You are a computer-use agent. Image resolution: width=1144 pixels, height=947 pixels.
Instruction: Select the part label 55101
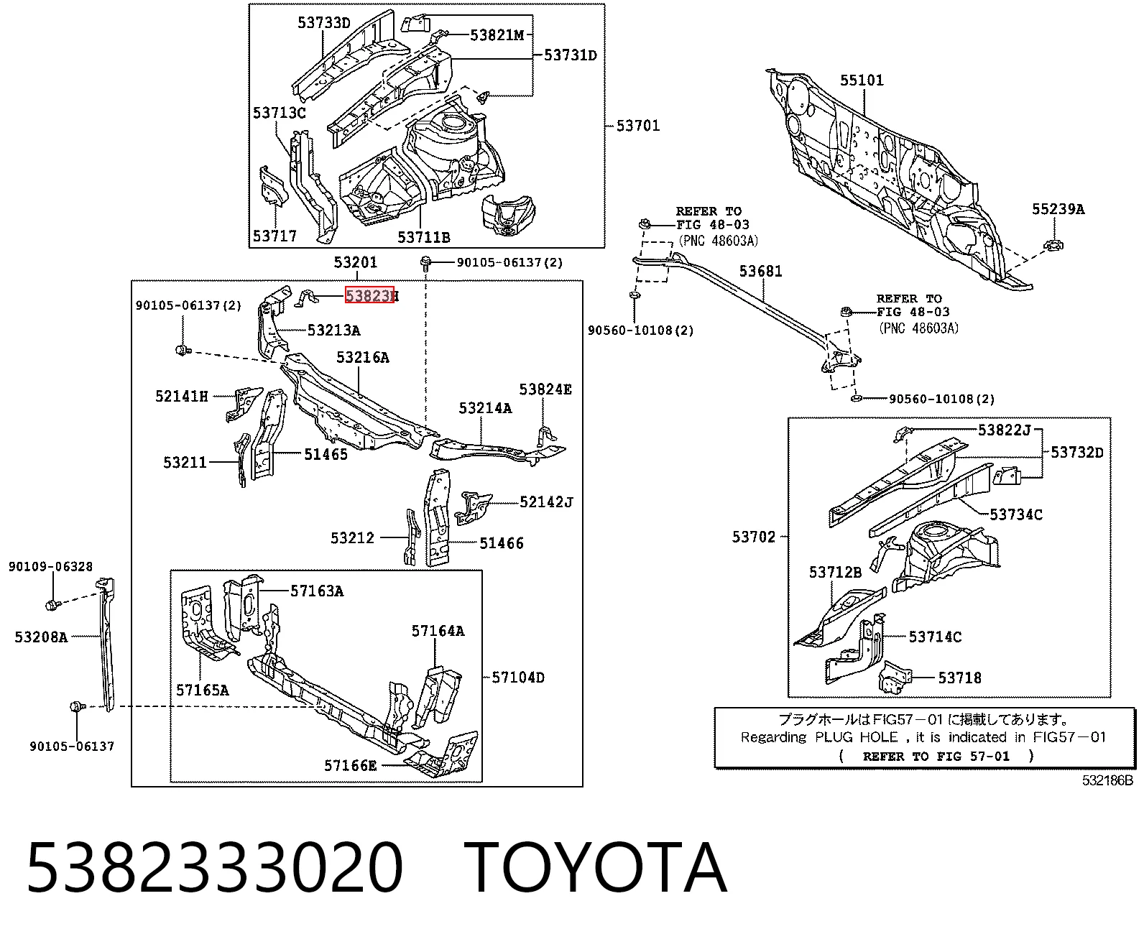(862, 80)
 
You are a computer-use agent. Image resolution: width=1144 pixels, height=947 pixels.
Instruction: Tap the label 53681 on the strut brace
(760, 272)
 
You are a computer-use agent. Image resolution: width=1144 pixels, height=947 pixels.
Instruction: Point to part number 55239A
(1058, 209)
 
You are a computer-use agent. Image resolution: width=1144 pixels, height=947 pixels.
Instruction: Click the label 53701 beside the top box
(637, 126)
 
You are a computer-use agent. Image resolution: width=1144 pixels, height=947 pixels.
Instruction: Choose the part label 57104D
(518, 678)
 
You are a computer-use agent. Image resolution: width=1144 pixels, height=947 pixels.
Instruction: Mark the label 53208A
(41, 637)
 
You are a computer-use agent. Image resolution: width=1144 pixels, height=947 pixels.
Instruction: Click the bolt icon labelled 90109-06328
(52, 605)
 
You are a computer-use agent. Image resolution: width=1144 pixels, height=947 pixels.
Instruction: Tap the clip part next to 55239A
(1053, 245)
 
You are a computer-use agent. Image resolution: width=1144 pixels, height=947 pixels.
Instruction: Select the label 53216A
(363, 358)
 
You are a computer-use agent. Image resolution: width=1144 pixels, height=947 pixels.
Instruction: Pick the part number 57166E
(350, 766)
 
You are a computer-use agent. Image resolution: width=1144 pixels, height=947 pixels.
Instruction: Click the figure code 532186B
(1107, 780)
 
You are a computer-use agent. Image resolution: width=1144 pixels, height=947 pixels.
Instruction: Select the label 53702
(754, 537)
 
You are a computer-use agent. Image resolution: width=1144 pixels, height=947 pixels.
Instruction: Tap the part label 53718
(959, 678)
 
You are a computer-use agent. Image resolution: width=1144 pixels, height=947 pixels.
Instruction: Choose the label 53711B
(423, 238)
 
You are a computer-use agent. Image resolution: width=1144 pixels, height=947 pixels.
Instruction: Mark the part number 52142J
(545, 502)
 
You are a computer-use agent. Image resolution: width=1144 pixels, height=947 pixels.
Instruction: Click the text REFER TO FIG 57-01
(936, 757)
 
